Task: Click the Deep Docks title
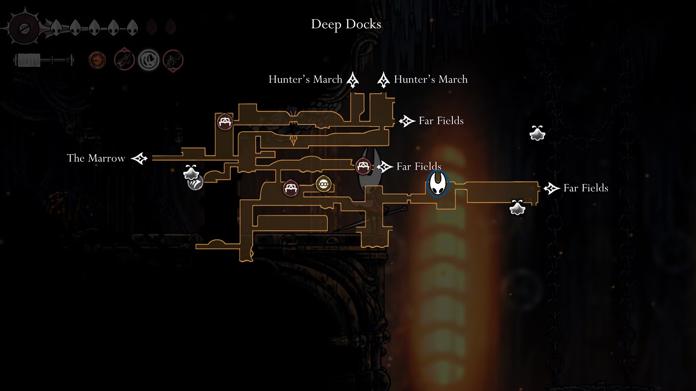346,24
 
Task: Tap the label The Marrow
96,158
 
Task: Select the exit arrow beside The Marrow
139,158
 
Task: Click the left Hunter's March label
305,79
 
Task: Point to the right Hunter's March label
431,79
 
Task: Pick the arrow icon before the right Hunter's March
383,80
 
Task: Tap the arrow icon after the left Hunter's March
352,80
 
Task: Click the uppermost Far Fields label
441,121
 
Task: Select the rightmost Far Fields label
586,188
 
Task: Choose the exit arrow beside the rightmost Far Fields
552,188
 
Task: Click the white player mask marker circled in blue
438,184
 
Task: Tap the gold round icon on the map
323,184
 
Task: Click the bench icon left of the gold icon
291,188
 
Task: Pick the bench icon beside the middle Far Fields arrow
363,166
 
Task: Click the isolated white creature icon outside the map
537,133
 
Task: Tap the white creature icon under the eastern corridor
517,207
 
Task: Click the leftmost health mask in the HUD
55,28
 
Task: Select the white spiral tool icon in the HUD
149,60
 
